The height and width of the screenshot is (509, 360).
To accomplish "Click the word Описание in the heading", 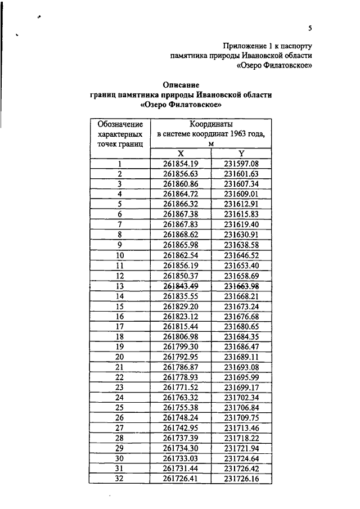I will click(181, 84).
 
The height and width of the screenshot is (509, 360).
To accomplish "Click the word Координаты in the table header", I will click(211, 124).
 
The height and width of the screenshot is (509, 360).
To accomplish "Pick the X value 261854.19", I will click(182, 164).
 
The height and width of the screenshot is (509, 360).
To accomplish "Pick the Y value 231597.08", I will click(241, 164).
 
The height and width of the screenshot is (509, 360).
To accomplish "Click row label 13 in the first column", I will click(120, 285).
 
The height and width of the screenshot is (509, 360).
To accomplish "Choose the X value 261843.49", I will click(182, 285).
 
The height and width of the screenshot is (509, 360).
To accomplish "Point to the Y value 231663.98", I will click(241, 285).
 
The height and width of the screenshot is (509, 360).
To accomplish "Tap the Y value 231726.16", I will click(241, 479).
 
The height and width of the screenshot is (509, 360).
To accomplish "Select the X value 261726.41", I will click(182, 479).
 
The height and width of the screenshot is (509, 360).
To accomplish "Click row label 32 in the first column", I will click(120, 479).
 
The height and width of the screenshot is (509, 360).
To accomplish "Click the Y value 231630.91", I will click(241, 235).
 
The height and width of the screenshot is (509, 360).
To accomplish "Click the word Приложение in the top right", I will click(244, 45).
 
